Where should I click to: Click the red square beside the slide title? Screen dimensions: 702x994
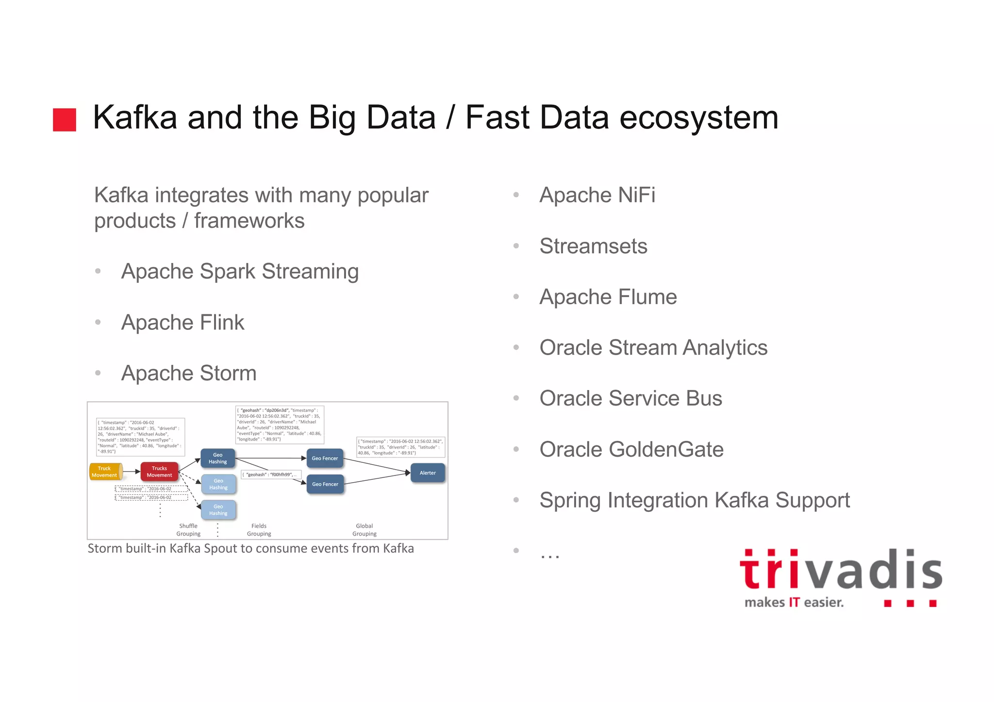pos(65,120)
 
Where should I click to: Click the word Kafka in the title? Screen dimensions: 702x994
pos(134,118)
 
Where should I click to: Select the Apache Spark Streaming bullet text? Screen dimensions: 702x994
pos(240,271)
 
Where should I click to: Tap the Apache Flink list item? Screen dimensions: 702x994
pos(182,323)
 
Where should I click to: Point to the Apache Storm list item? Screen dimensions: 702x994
pos(189,373)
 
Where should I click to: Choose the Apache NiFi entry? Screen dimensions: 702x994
pos(597,195)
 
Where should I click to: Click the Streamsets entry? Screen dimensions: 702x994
pos(593,246)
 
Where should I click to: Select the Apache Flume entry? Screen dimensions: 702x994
pos(608,297)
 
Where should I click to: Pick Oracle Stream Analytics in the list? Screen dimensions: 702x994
pos(653,348)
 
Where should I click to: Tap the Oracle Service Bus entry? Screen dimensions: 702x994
pos(630,398)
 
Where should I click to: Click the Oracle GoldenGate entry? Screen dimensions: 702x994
pos(631,449)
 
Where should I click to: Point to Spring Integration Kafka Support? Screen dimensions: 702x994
pos(695,500)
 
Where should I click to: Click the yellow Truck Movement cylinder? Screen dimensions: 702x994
pos(105,472)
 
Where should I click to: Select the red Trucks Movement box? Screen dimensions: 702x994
pos(159,472)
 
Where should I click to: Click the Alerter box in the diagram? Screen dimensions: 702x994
pos(428,473)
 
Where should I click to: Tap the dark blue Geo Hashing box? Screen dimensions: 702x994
pos(218,458)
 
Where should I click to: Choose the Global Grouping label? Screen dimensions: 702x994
pos(364,530)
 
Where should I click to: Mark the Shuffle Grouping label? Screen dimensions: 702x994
pos(188,530)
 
